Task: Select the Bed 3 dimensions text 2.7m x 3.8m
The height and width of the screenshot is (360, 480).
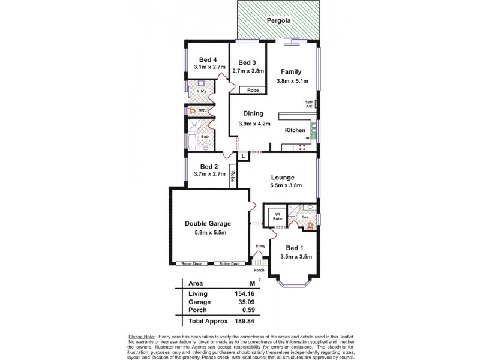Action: coord(247,70)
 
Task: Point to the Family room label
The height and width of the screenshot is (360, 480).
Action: coord(291,71)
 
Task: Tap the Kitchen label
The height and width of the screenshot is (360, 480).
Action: coord(295,130)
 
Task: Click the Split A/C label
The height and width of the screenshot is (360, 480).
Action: coord(310,104)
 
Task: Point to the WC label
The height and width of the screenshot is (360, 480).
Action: coord(203,111)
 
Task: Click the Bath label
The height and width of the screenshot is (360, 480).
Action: coord(205,137)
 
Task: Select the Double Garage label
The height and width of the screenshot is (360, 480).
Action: coord(208,223)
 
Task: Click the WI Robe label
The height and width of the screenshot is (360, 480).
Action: coord(278,216)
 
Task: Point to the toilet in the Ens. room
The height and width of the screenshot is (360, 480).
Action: coord(310,226)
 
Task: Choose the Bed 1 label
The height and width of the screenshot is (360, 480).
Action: coord(294,248)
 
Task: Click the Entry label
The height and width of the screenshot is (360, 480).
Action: coord(260,246)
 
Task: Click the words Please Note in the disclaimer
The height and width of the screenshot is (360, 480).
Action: coord(139,335)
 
